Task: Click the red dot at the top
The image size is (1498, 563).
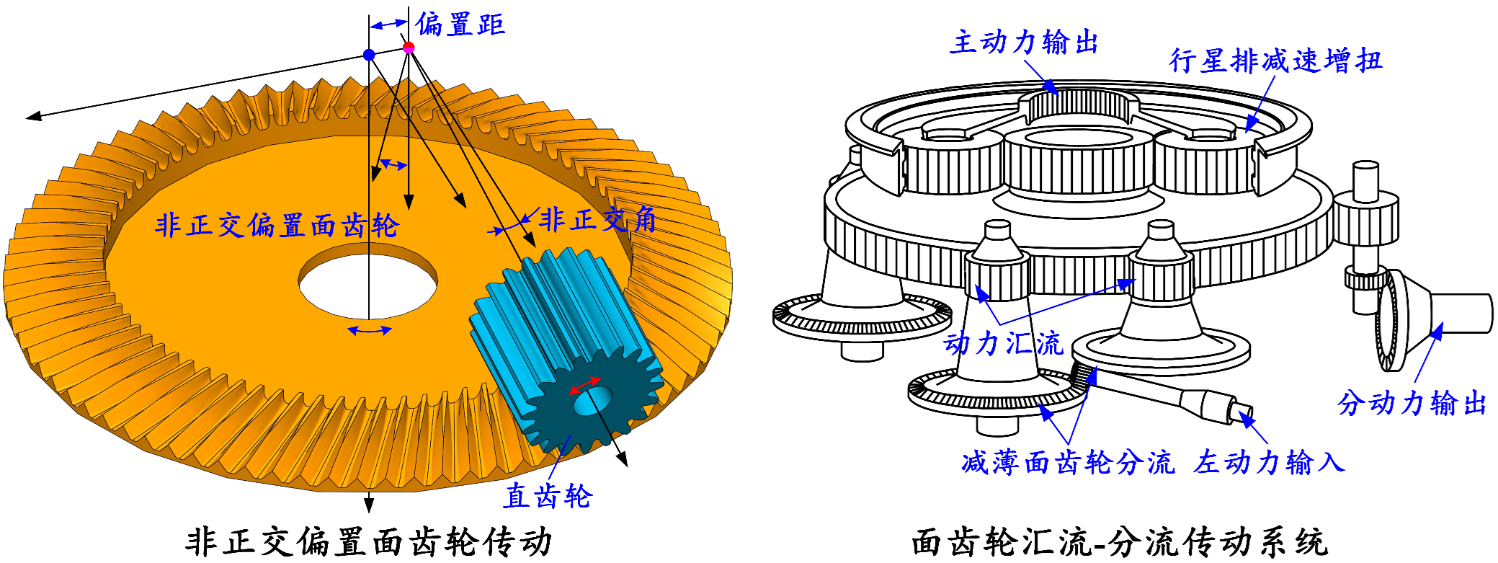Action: click(x=409, y=48)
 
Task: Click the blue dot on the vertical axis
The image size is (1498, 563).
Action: click(x=369, y=55)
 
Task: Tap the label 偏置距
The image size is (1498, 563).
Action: click(x=460, y=25)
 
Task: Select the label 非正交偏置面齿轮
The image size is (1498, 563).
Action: click(x=277, y=226)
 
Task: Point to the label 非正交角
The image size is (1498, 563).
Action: click(x=598, y=220)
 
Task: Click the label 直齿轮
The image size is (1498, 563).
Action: click(x=548, y=496)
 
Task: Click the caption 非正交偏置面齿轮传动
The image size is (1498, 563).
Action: click(x=368, y=541)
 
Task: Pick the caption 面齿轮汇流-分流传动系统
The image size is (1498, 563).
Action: click(x=1119, y=543)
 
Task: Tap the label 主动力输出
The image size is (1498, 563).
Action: click(x=1024, y=43)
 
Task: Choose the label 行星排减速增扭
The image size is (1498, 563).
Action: click(x=1275, y=61)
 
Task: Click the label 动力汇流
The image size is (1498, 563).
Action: click(x=1003, y=343)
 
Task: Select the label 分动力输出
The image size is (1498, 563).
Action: click(x=1412, y=403)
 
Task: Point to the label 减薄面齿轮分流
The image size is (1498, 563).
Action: click(x=1068, y=463)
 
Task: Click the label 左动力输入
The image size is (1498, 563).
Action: click(x=1269, y=462)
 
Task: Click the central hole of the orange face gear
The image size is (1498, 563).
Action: click(x=368, y=281)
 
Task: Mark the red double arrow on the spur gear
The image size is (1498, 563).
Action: click(x=585, y=385)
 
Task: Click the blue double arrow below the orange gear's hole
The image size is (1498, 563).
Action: click(x=369, y=330)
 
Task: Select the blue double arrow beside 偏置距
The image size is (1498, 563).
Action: click(x=388, y=24)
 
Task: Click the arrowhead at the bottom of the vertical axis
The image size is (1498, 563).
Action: click(x=369, y=504)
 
